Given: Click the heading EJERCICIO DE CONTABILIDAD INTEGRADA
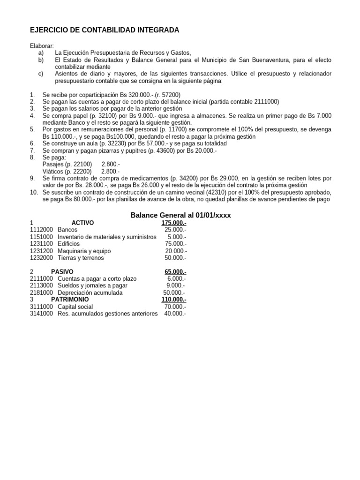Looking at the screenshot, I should pos(104,30).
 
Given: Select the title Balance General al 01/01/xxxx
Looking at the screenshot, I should pos(180,215).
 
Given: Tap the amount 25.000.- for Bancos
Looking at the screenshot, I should pos(175,230).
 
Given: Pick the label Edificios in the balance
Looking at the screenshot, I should pos(69,244).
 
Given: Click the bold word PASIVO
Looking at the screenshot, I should pos(62,272).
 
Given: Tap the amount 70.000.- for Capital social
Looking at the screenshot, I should pos(174,307).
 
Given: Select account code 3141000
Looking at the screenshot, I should pos(41,314).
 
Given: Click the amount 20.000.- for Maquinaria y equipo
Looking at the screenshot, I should pos(175,251).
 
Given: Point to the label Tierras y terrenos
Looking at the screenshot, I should pos(81,258).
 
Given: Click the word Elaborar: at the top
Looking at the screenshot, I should pos(42,46).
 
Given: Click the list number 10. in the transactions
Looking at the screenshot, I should pos(34,193).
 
